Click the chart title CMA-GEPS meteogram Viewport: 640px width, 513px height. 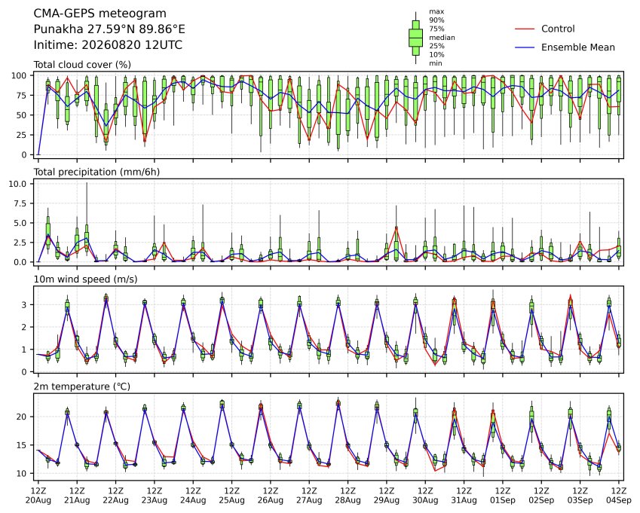(100, 14)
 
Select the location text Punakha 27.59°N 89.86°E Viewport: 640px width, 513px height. (109, 29)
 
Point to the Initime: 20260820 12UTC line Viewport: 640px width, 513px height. (108, 45)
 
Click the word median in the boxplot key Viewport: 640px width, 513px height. (442, 38)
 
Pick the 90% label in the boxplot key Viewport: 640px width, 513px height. (436, 20)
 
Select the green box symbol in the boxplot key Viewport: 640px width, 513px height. (415, 38)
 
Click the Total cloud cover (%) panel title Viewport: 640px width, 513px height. (82, 65)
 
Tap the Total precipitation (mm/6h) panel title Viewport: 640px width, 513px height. (96, 172)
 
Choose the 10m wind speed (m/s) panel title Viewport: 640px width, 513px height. (85, 279)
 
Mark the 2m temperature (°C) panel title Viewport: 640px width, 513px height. (81, 386)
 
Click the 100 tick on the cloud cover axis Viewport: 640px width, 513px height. (19, 76)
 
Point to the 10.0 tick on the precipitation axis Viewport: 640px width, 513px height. (17, 184)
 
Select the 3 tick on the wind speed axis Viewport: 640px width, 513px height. (24, 305)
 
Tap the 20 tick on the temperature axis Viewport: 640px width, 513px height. (22, 417)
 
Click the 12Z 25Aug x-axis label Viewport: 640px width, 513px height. (232, 496)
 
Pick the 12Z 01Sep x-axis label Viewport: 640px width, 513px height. (503, 496)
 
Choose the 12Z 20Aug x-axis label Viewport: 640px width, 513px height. (38, 496)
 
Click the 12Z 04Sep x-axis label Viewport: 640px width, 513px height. (619, 496)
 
